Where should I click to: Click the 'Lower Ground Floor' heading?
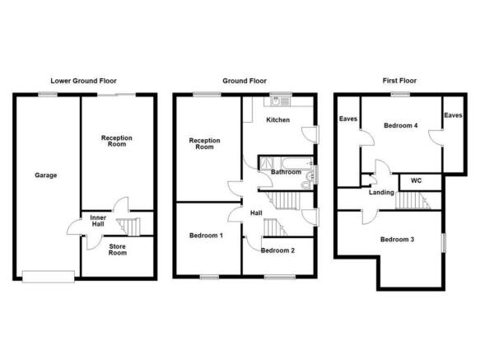coord(84,82)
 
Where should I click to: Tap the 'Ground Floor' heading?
coord(245,82)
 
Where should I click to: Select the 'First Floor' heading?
coord(400,82)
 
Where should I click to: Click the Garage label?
coord(45,175)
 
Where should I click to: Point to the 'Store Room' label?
coord(117,249)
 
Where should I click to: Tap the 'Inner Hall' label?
coord(97,222)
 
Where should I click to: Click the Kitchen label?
coord(277,120)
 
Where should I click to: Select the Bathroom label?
coord(286,172)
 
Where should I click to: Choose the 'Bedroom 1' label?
coord(206,236)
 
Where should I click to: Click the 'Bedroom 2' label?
coord(277,250)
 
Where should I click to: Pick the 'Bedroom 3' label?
coord(397,240)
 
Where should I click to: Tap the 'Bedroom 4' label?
coord(401,126)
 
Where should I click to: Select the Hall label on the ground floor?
coord(256,213)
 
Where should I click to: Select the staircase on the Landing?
coord(410,199)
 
